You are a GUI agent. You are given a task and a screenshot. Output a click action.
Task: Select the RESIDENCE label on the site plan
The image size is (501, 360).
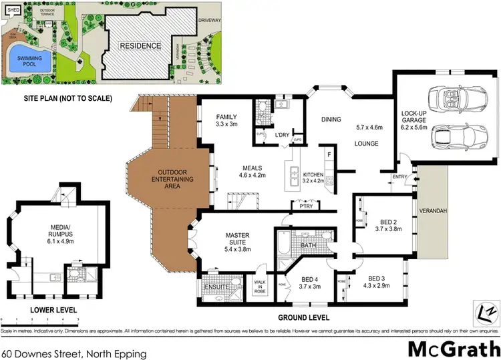[x=140, y=45]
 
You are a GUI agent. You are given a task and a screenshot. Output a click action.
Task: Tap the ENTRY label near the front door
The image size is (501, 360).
[x=400, y=176]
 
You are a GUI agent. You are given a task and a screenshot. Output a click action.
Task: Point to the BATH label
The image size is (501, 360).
[x=308, y=246]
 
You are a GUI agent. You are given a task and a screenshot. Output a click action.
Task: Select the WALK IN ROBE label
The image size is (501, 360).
[x=261, y=286]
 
